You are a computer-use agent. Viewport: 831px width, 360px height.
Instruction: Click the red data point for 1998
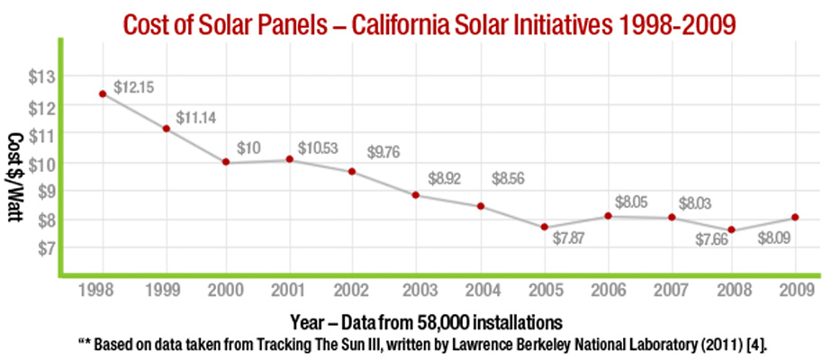coord(103,94)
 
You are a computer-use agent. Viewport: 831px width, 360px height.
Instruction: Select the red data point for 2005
coord(545,227)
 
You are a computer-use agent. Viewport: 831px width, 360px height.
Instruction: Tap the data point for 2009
coord(795,217)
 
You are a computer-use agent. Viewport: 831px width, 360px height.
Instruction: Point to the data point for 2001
coord(290,159)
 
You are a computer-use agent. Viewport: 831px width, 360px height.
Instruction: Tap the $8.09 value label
coord(775,238)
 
